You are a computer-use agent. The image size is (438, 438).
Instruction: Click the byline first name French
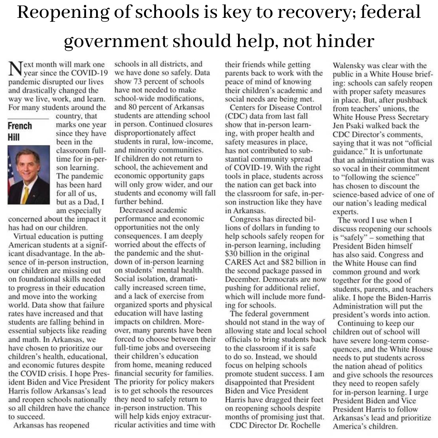coord(20,126)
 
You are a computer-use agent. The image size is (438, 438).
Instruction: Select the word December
coord(243,279)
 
